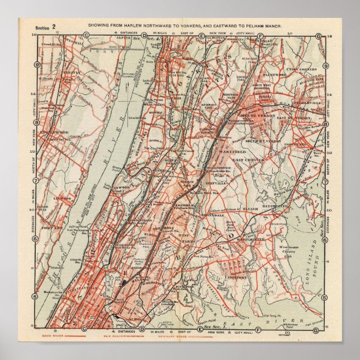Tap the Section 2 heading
(x=45, y=26)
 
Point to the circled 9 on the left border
(x=36, y=64)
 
